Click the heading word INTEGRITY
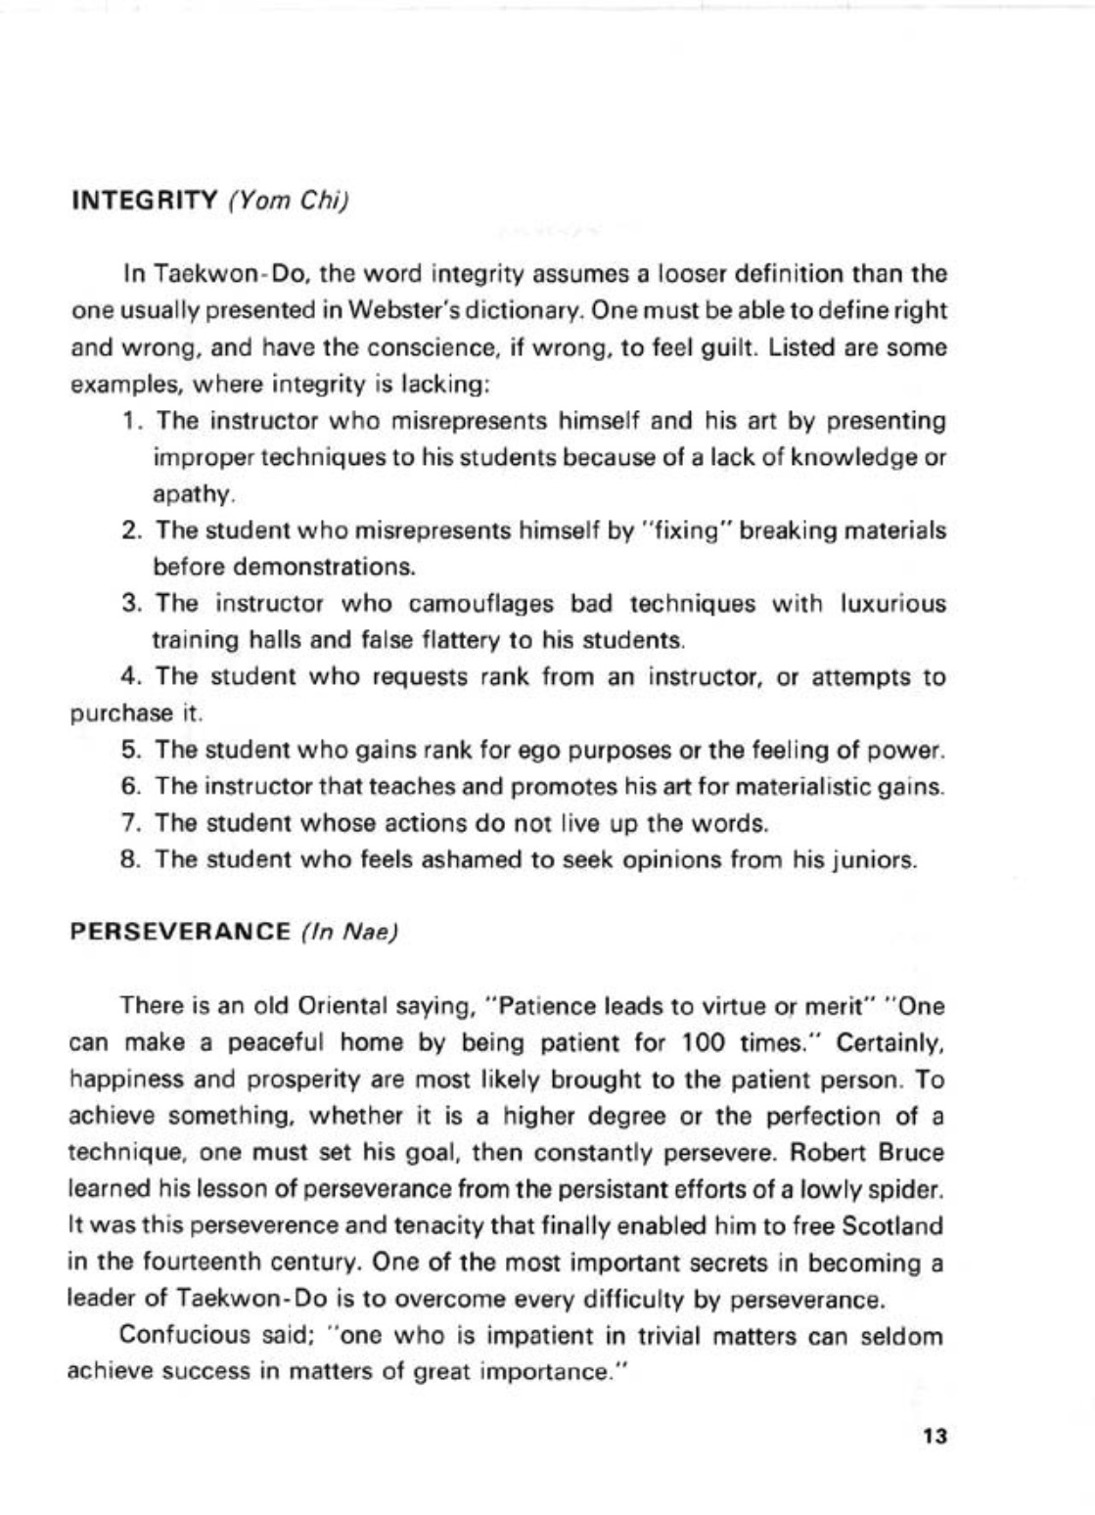pos(144,202)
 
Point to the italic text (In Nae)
pos(349,932)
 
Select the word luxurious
pos(892,603)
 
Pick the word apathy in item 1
pos(192,494)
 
